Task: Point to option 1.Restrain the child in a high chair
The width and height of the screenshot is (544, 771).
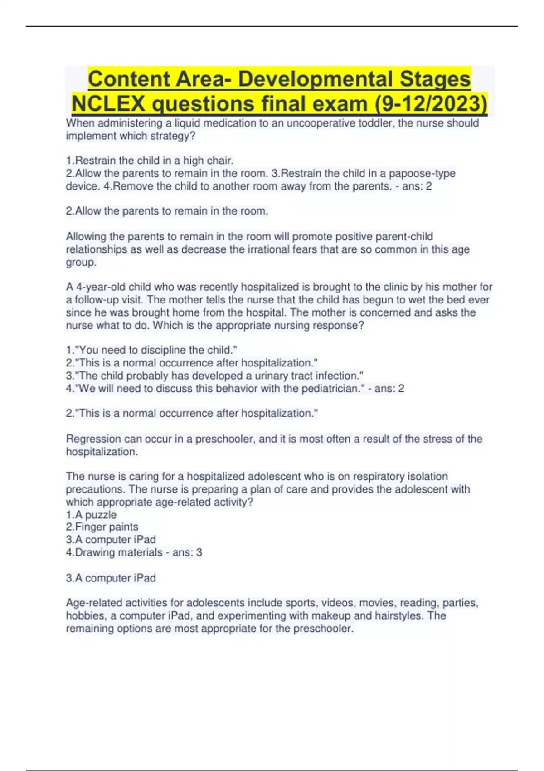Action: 150,160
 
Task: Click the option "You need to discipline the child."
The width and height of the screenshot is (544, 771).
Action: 151,350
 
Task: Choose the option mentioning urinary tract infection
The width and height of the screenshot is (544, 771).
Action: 214,376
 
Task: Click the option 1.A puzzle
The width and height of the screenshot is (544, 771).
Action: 91,515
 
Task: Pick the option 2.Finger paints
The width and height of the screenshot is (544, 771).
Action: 102,527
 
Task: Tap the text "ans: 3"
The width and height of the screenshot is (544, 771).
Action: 187,552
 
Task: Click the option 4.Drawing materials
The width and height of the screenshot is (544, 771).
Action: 114,552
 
